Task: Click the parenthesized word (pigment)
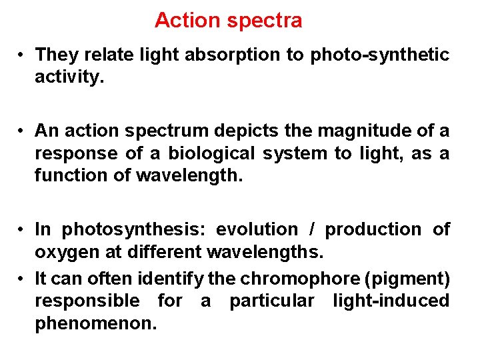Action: (406, 277)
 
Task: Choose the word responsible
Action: (87, 301)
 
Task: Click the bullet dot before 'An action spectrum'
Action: (23, 129)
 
